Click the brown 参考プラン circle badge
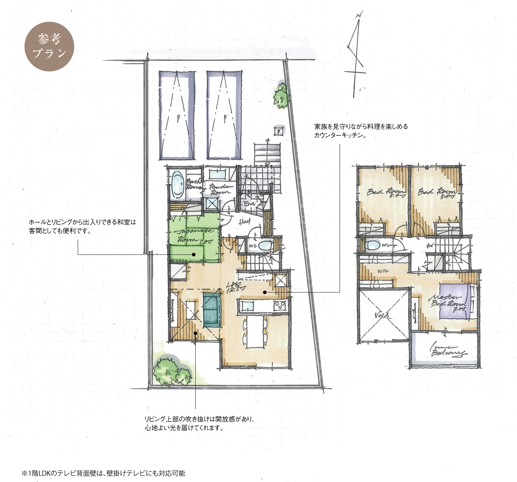tap(49, 46)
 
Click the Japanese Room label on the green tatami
tap(195, 235)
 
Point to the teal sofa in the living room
tap(212, 310)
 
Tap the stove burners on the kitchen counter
tap(280, 306)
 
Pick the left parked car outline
tap(177, 115)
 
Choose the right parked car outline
tap(224, 115)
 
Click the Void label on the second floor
tap(381, 315)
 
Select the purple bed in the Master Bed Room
tap(454, 301)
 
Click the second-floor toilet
tap(372, 245)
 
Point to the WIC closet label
tap(383, 271)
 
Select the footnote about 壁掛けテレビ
tap(103, 473)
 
